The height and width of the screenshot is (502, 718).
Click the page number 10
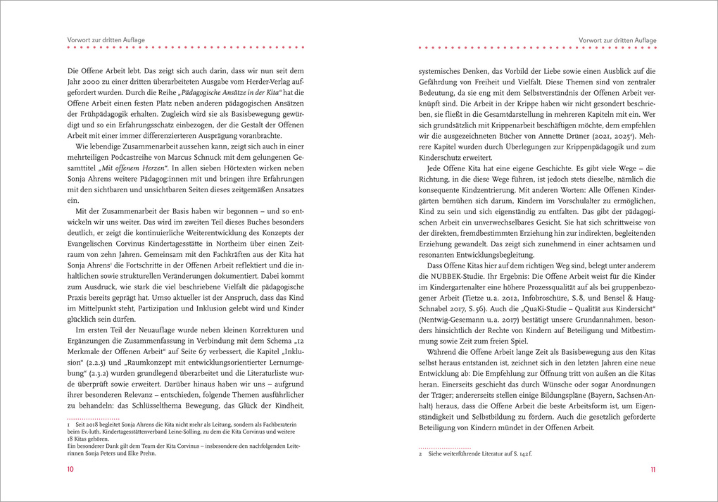pos(70,470)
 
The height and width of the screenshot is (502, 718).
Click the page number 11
pos(653,470)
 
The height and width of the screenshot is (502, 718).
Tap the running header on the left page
pos(106,40)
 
